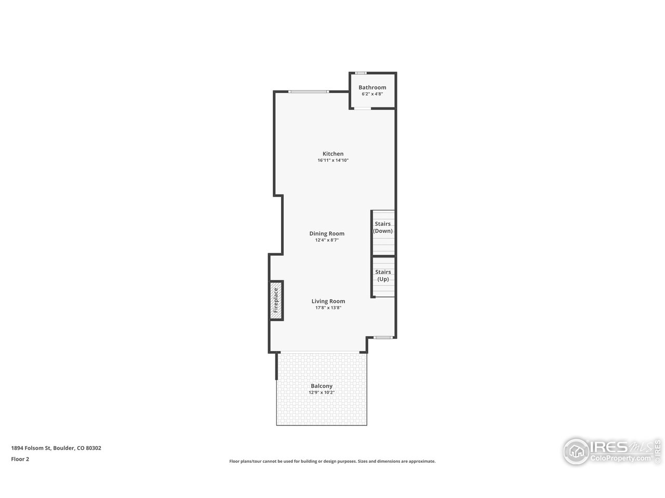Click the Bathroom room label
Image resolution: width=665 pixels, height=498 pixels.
point(372,88)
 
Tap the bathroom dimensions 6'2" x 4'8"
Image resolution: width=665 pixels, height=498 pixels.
point(372,94)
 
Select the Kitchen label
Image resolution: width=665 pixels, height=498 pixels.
point(333,154)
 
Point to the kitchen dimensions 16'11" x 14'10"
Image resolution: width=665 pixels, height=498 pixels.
point(333,161)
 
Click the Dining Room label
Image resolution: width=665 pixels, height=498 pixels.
point(327,234)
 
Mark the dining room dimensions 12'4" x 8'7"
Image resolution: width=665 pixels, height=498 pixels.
point(327,240)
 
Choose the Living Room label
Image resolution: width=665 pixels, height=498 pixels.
point(328,301)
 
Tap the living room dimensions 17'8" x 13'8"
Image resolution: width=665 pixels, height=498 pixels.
point(328,308)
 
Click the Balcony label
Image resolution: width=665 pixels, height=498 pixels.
point(322,386)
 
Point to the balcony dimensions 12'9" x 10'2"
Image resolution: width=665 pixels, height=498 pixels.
point(322,393)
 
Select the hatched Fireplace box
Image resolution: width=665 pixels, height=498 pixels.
point(276,300)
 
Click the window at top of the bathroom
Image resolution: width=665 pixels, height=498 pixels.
point(361,73)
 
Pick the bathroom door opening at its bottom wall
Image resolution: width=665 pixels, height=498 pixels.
point(362,108)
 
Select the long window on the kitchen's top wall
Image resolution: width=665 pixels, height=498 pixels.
point(309,92)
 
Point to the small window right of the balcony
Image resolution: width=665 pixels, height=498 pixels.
point(383,338)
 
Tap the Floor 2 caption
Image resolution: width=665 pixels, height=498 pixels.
point(20,459)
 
